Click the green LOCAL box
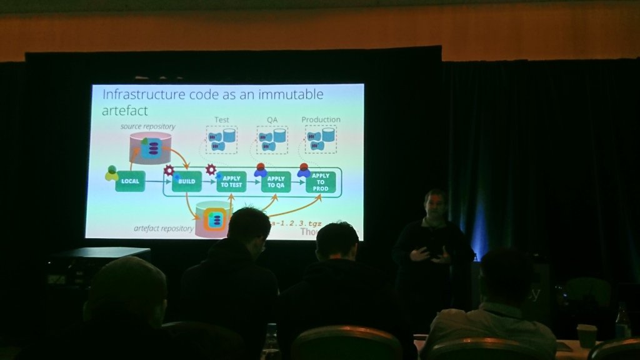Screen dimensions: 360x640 (130, 181)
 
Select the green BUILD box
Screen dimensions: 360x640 (187, 181)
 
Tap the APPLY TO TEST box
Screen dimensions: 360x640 (231, 182)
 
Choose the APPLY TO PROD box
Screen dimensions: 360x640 (321, 182)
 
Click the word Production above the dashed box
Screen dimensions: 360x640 (321, 119)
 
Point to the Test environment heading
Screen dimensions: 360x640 (222, 120)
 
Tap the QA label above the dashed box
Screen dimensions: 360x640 (272, 120)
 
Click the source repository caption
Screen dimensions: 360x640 (148, 126)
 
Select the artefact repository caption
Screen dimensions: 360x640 (164, 228)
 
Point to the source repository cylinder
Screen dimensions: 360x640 (150, 148)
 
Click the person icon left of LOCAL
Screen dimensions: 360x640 (111, 173)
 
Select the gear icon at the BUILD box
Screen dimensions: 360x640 (169, 170)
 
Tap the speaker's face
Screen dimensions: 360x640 (434, 205)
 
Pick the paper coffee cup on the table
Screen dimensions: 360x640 (586, 336)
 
